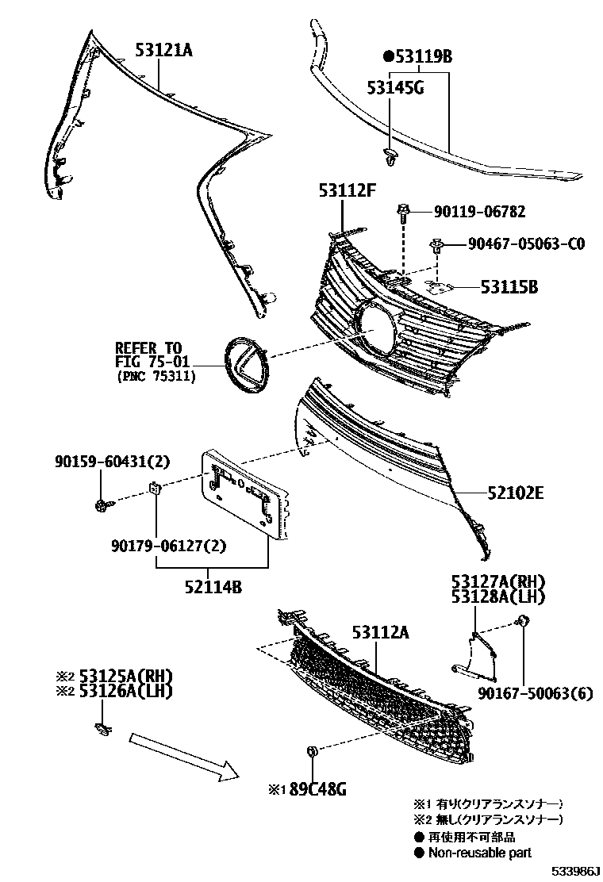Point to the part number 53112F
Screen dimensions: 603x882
[x=347, y=190]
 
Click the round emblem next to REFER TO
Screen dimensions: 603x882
[x=246, y=363]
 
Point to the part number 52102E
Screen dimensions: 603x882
[x=515, y=493]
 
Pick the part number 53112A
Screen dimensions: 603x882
[x=380, y=632]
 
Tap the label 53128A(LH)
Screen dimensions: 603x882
[x=499, y=596]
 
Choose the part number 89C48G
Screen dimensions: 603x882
[x=317, y=789]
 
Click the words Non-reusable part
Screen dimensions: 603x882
[x=480, y=853]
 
